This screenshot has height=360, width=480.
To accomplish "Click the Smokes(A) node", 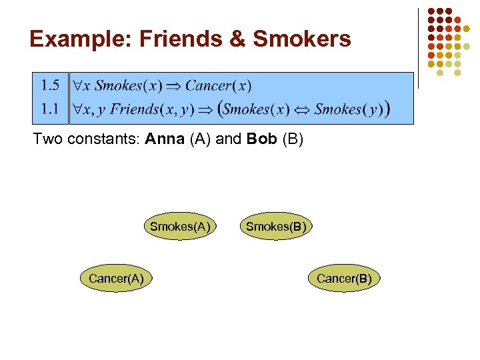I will (x=180, y=227).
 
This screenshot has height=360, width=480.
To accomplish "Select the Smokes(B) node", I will (x=276, y=227).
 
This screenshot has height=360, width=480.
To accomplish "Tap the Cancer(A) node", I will (x=116, y=279).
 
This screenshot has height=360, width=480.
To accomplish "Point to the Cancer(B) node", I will (x=344, y=279).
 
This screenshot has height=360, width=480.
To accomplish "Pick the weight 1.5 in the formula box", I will (x=50, y=85).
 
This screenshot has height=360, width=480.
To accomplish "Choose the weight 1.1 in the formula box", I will (x=50, y=109).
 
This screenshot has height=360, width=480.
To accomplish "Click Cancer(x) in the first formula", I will (x=218, y=85).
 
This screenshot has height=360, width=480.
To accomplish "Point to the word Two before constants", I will (x=46, y=141).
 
